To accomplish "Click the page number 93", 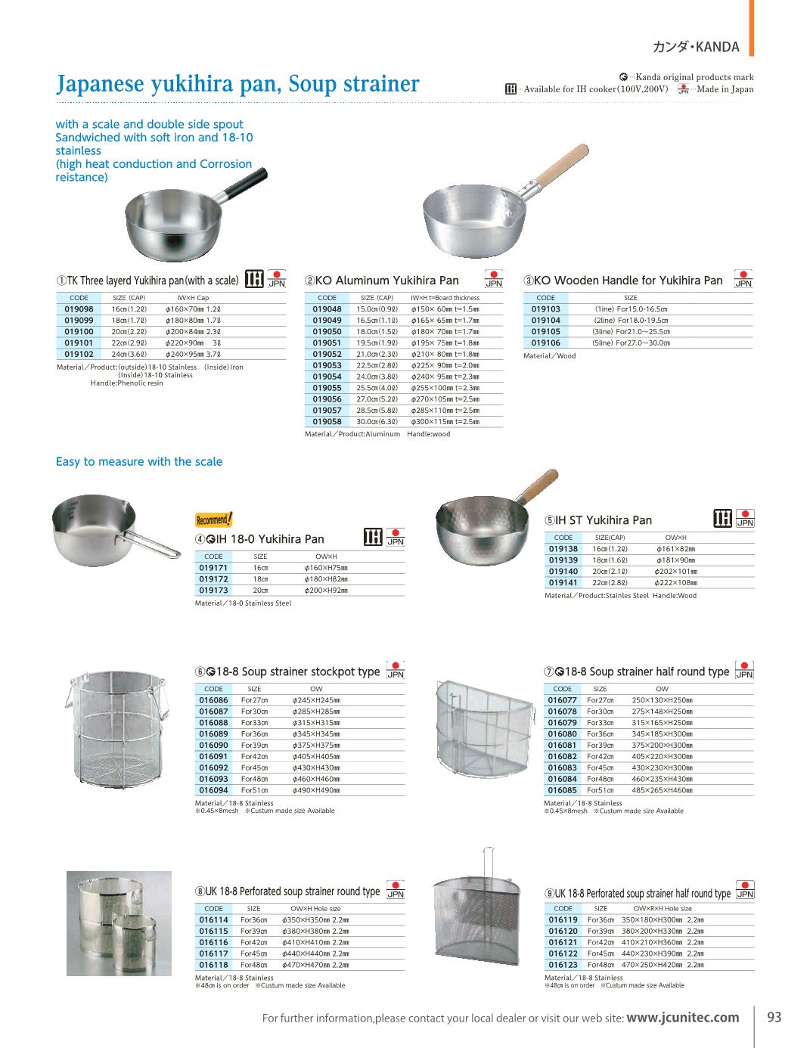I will [774, 1017].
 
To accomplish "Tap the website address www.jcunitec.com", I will [682, 1018].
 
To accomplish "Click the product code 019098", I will [79, 309].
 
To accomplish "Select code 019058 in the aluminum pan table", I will [327, 422].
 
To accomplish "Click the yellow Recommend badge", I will [214, 519].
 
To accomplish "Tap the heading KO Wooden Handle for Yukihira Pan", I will [628, 281].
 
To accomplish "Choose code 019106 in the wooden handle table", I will [545, 343].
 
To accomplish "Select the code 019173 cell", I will [213, 591].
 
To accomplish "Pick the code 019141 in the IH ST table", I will [563, 583].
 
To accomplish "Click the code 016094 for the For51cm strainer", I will [213, 790].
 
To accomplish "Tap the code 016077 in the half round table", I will [562, 700].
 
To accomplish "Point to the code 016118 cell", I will [213, 965].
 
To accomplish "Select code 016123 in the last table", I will [563, 965].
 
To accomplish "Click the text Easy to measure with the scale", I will [139, 462].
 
